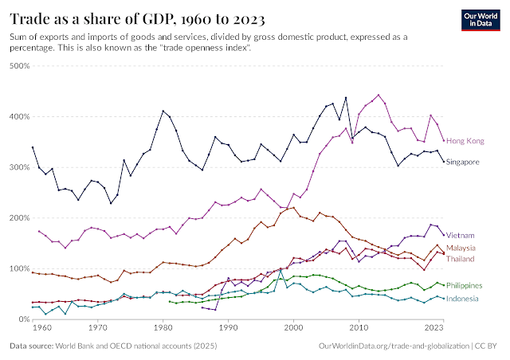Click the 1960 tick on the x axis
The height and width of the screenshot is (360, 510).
pos(33,327)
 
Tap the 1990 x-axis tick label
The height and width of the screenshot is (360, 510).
pos(229,327)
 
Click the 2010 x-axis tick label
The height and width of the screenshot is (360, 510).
pos(359,327)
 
